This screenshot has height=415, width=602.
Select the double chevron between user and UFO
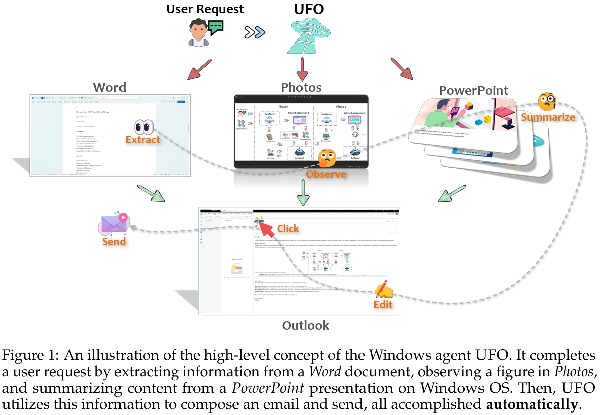[255, 33]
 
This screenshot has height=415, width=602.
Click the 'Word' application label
[110, 87]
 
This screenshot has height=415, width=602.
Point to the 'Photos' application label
[301, 87]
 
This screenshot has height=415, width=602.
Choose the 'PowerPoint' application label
[473, 90]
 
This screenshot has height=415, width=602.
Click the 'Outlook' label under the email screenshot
[305, 325]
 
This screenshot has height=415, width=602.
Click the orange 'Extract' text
[143, 140]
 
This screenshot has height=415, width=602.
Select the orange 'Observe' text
[326, 174]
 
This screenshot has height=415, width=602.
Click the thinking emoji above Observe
[327, 158]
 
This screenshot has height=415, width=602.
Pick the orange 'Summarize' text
[547, 117]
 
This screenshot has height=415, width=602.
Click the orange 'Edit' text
[382, 305]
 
